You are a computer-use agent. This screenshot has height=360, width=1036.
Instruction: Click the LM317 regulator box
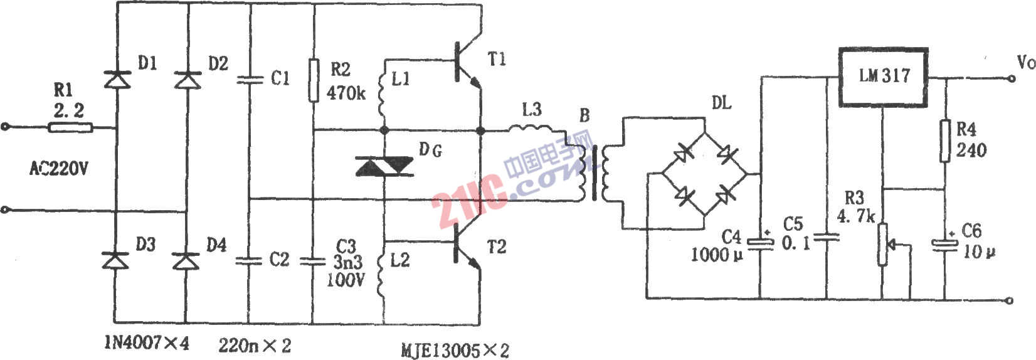pyautogui.click(x=884, y=77)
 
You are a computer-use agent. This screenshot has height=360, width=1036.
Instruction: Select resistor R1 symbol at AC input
pyautogui.click(x=71, y=128)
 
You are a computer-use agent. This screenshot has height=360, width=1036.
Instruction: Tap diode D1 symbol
pyautogui.click(x=116, y=79)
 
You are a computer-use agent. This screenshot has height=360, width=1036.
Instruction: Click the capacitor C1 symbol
pyautogui.click(x=250, y=80)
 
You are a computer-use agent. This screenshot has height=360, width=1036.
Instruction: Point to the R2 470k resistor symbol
pyautogui.click(x=314, y=80)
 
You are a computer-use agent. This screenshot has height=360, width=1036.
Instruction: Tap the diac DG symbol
pyautogui.click(x=383, y=166)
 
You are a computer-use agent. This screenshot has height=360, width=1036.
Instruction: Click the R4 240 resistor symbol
pyautogui.click(x=945, y=142)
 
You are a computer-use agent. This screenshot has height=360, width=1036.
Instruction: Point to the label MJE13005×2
pyautogui.click(x=455, y=349)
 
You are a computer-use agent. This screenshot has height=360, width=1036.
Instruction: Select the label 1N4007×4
pyautogui.click(x=146, y=344)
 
